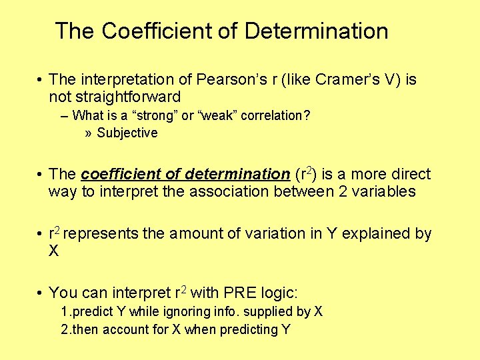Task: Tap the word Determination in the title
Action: [x=316, y=31]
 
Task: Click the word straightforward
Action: [x=115, y=97]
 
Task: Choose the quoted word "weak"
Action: [x=209, y=115]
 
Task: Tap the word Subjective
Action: [x=127, y=133]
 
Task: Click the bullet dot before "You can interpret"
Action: [x=41, y=293]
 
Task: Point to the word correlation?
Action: [x=275, y=115]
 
